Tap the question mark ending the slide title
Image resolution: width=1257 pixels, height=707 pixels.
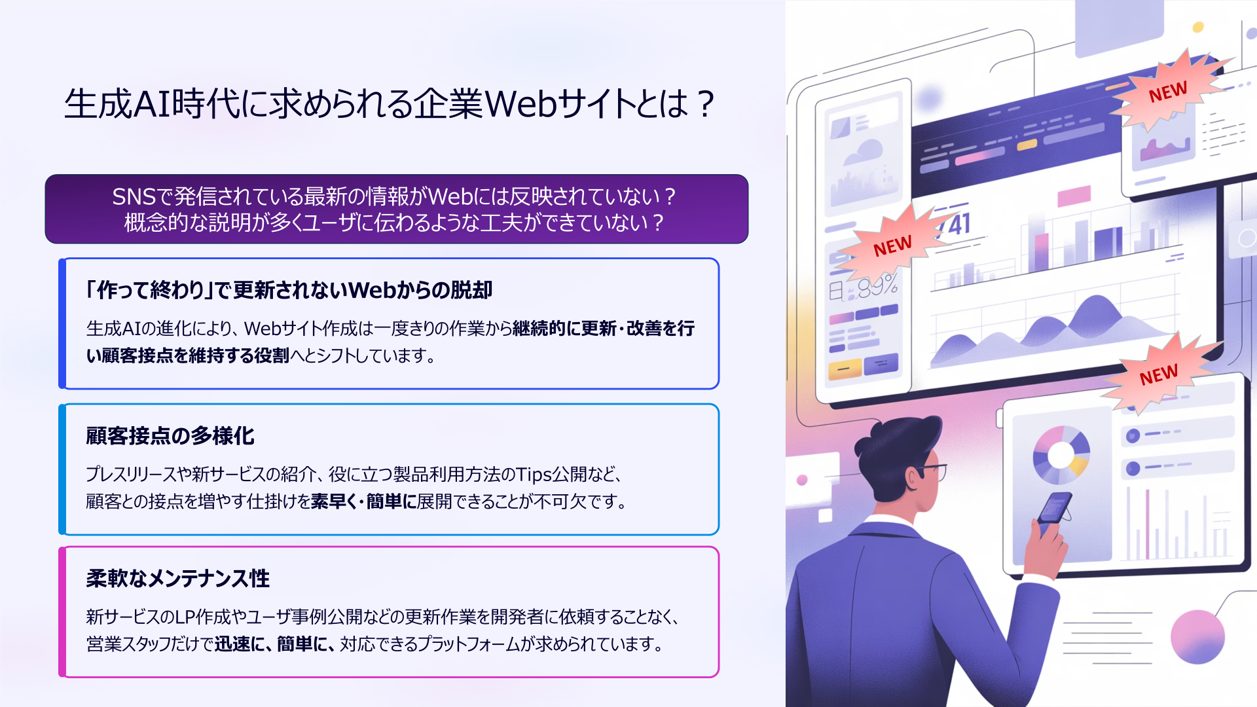[705, 104]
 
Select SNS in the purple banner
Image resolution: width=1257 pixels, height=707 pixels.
[134, 196]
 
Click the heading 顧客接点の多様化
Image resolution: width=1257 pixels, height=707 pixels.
[170, 435]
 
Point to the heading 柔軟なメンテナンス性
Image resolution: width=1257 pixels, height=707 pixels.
[177, 578]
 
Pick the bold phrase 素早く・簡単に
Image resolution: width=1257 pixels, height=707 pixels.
[364, 501]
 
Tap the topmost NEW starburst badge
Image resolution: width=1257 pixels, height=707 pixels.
[1168, 92]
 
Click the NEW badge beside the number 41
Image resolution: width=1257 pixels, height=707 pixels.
[892, 246]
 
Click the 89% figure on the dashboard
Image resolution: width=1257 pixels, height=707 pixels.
[877, 287]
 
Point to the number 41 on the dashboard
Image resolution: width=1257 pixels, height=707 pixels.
[958, 225]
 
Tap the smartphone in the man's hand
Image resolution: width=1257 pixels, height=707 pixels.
[1053, 508]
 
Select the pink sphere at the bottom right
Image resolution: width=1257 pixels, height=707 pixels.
[1197, 637]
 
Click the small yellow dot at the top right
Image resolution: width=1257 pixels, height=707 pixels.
[1198, 27]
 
